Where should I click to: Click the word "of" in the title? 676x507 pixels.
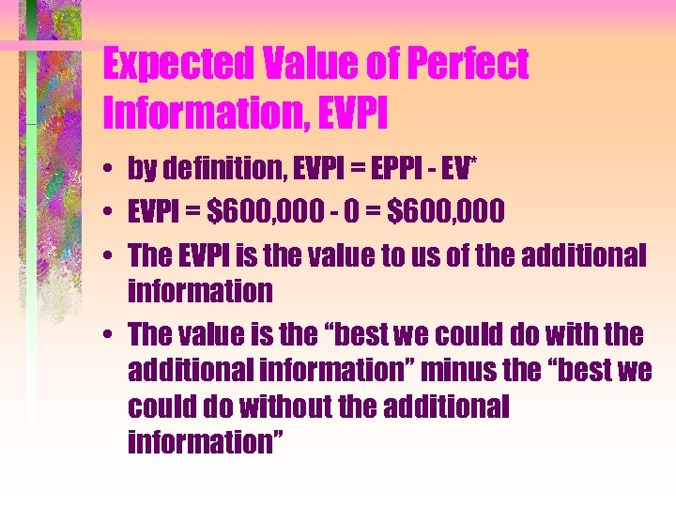[364, 65]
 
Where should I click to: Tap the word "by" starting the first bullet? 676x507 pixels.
[143, 168]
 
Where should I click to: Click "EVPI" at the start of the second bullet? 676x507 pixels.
[154, 211]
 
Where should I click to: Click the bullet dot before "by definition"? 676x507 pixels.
[110, 169]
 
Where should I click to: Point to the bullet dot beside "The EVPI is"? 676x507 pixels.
[110, 255]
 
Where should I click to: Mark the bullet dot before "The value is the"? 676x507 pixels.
[110, 334]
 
